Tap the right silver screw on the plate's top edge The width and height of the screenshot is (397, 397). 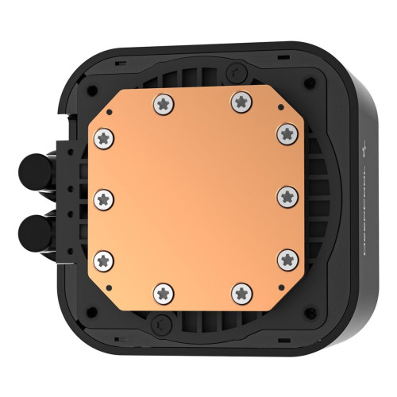pos(239,101)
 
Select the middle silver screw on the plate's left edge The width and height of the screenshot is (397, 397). pos(103,196)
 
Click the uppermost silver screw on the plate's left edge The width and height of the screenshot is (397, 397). pos(103,138)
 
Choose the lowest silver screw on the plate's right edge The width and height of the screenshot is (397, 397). pos(288,257)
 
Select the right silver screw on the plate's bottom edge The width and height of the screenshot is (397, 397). pos(241,293)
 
